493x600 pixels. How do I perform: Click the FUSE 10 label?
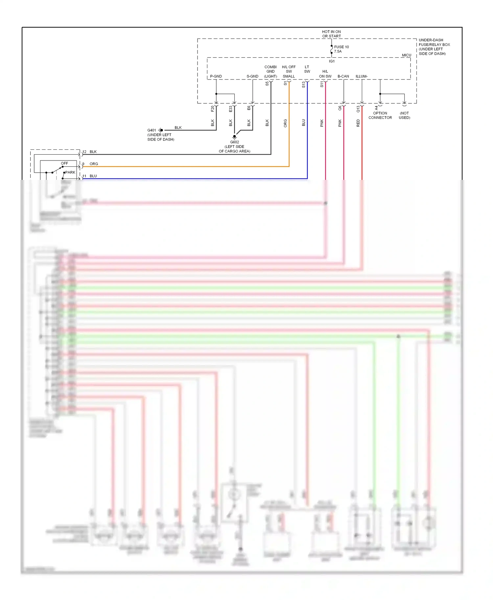pos(341,47)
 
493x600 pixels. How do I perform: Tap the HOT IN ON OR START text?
pos(331,34)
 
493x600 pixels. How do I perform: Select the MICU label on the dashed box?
pos(406,55)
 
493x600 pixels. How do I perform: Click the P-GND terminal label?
pos(216,76)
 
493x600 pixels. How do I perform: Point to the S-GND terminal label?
pos(252,76)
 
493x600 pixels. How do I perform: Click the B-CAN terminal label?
pos(343,76)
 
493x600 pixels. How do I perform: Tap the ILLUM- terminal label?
pos(362,76)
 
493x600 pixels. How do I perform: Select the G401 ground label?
pos(152,130)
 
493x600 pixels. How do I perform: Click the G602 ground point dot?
pos(234,136)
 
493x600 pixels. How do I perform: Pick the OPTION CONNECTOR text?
pos(380,115)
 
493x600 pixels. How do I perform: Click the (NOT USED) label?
pos(404,115)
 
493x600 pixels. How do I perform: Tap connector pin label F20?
pos(213,108)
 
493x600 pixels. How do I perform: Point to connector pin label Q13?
pos(358,109)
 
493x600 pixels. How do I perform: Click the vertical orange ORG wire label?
pos(285,123)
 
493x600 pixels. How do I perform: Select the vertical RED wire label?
pos(358,123)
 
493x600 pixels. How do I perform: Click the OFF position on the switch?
pos(64,163)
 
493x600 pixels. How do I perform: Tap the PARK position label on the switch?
pos(70,172)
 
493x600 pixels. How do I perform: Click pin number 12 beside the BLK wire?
pos(84,152)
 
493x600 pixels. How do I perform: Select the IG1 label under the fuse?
pos(332,61)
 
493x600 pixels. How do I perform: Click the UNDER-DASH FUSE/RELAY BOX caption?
pos(434,47)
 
